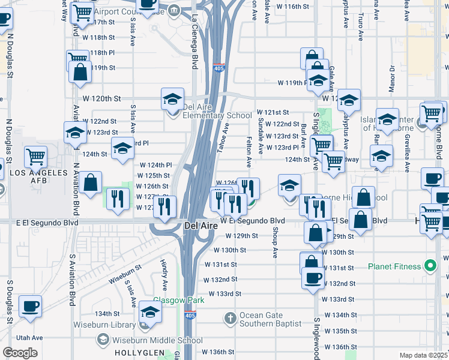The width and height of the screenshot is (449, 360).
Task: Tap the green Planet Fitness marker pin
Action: click(x=430, y=265)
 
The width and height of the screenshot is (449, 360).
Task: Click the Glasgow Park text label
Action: click(x=178, y=300)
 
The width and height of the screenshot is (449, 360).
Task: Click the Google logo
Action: click(x=20, y=353)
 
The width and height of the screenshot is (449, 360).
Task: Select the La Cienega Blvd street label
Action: click(x=194, y=42)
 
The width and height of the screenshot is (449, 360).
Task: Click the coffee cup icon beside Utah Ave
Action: click(x=30, y=307)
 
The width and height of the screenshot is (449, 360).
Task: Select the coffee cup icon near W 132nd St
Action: click(x=312, y=278)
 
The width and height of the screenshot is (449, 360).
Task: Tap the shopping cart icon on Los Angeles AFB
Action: click(x=35, y=157)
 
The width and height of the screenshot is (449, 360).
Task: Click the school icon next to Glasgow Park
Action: click(x=150, y=311)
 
